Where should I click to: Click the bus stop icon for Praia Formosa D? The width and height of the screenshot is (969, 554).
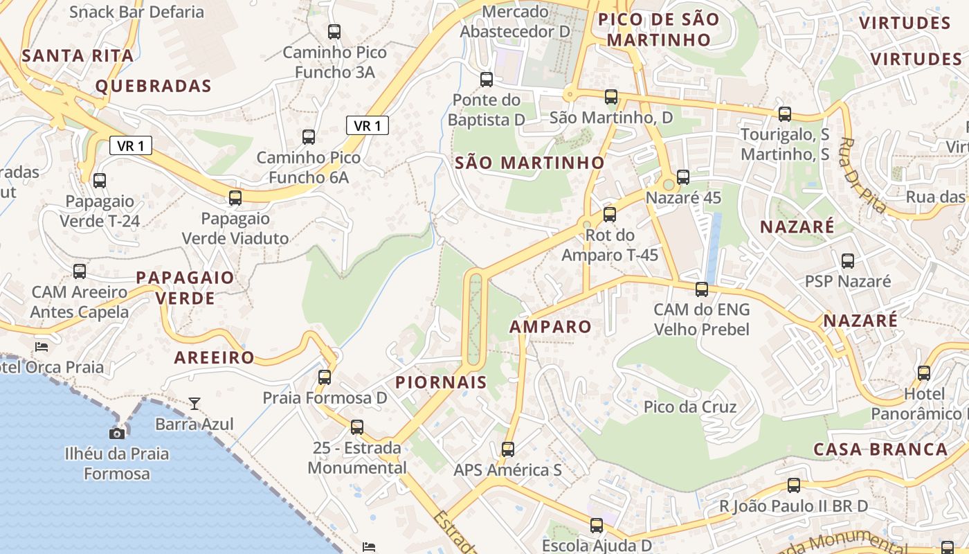[x=325, y=377]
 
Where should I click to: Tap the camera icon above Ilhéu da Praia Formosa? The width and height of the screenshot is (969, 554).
[x=117, y=434]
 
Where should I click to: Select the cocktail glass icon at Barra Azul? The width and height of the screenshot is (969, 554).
[x=194, y=402]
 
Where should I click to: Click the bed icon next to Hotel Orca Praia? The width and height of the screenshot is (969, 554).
[x=42, y=346]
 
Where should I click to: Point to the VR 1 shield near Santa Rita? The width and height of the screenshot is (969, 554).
[x=130, y=145]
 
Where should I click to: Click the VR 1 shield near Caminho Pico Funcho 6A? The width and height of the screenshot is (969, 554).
[x=368, y=125]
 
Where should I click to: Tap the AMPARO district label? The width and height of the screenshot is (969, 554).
[x=551, y=327]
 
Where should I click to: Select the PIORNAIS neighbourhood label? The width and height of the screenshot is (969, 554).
[x=441, y=382]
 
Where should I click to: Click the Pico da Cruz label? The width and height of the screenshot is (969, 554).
[x=690, y=406]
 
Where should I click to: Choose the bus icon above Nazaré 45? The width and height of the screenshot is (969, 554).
[x=683, y=177]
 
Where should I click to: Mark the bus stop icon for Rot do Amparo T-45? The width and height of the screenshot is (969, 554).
[x=610, y=215]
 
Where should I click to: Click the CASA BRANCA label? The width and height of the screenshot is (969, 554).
[x=880, y=449]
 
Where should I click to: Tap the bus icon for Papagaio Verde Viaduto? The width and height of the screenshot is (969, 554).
[x=235, y=198]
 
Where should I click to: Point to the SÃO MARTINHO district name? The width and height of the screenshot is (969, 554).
[x=529, y=163]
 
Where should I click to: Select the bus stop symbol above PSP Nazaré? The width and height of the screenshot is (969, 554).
[x=848, y=261]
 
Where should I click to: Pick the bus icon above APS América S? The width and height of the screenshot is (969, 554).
[x=508, y=449]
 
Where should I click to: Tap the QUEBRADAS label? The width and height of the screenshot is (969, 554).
[x=153, y=86]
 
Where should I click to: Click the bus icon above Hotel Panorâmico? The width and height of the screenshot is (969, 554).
[x=924, y=373]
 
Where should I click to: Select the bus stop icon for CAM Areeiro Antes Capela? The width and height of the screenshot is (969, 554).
[x=80, y=271]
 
